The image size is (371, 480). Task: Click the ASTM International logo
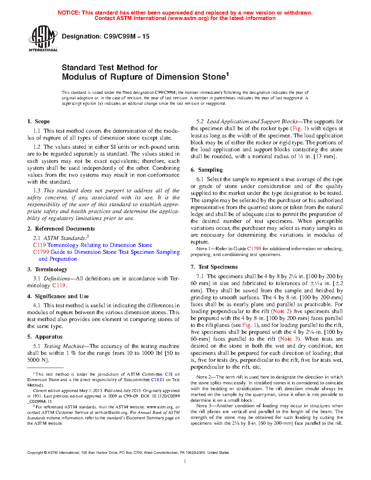(43, 38)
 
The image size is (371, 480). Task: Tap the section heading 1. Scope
(39, 121)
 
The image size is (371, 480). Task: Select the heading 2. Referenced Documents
(61, 229)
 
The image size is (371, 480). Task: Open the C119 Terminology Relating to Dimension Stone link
(92, 245)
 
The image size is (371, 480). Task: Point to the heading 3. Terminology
(47, 269)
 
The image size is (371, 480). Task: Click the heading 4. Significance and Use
(58, 296)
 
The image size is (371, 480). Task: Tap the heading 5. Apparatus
(45, 337)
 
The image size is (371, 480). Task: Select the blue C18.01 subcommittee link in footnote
(157, 380)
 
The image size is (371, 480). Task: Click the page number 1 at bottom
(185, 461)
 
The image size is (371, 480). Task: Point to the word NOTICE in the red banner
(69, 13)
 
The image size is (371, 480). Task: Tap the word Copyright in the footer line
(35, 453)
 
